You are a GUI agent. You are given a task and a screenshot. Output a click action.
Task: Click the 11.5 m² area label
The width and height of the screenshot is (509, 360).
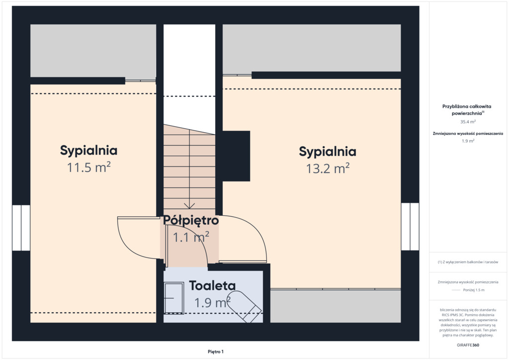click(x=88, y=167)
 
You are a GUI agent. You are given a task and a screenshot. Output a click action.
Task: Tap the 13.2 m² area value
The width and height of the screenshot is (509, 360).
click(x=328, y=169)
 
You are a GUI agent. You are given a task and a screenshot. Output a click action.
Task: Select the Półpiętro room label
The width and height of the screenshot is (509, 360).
click(x=191, y=220)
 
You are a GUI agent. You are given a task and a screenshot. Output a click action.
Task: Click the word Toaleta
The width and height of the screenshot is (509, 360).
click(x=212, y=285)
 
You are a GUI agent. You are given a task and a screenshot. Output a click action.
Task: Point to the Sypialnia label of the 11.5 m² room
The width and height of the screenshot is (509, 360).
click(x=88, y=151)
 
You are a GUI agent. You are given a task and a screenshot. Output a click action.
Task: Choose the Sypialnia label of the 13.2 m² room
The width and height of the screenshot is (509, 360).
click(x=328, y=152)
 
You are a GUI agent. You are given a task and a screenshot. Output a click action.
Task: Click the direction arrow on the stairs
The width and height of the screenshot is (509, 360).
click(x=189, y=205)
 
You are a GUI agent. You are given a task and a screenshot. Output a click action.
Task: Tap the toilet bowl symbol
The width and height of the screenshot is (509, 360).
click(x=244, y=306)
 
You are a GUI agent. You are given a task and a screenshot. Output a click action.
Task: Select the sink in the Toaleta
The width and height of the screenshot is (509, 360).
click(x=173, y=298)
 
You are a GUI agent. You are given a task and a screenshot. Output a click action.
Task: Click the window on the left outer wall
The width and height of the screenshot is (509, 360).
click(x=21, y=228)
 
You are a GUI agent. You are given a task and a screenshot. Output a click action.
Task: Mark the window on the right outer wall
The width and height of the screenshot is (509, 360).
click(x=410, y=227)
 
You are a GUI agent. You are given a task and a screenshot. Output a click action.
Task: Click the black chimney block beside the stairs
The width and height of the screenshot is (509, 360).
click(x=236, y=156)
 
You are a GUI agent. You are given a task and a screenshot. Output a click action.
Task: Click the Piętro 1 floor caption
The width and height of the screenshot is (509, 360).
click(x=216, y=352)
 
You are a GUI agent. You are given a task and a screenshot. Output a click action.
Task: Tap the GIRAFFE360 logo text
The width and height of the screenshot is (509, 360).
click(x=468, y=345)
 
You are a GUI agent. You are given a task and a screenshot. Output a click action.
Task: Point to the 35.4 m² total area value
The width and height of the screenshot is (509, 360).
click(x=468, y=122)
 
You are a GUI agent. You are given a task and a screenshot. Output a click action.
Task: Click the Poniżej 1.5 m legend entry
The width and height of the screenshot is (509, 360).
click(x=474, y=290)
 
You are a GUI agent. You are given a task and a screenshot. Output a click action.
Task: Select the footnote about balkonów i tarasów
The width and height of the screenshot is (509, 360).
click(x=468, y=262)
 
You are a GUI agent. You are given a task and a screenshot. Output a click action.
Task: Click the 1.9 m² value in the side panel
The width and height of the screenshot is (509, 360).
click(x=468, y=141)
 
